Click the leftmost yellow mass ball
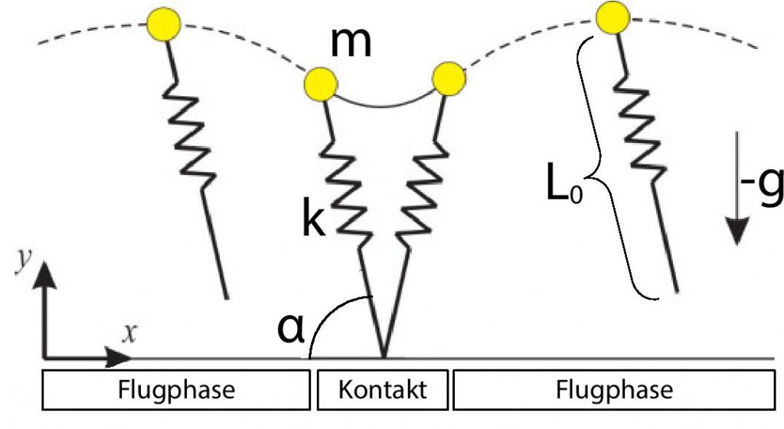(x=164, y=24)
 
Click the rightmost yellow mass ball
(x=612, y=18)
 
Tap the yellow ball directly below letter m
(x=321, y=84)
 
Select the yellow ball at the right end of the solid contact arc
(x=449, y=79)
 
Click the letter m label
(x=351, y=43)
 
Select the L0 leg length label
(x=564, y=185)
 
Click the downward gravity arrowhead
(x=737, y=231)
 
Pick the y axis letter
(x=23, y=260)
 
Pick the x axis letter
(x=129, y=333)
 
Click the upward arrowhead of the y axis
(x=44, y=274)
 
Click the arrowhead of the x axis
(x=118, y=358)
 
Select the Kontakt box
(x=383, y=389)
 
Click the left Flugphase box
(x=176, y=389)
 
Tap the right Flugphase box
(x=614, y=389)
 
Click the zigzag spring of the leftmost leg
(x=190, y=134)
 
